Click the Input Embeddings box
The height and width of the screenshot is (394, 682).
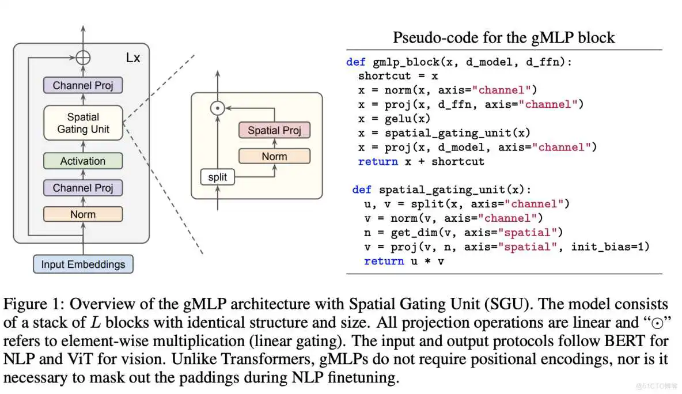point(83,265)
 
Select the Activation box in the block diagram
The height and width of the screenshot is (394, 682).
point(83,161)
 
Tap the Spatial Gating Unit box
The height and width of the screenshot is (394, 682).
point(83,123)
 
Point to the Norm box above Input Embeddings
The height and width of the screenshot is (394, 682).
point(83,214)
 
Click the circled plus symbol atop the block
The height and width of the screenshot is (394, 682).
point(84,58)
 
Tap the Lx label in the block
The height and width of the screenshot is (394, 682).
point(132,58)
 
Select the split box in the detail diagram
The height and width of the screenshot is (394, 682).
point(218,177)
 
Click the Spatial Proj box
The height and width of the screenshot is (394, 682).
point(274,130)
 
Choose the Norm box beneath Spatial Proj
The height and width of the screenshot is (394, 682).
point(274,156)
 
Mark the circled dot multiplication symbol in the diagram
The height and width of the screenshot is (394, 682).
point(217,108)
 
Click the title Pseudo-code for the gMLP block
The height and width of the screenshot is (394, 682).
point(503,38)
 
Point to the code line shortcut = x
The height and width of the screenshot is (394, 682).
point(398,76)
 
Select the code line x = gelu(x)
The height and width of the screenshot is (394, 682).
point(394,119)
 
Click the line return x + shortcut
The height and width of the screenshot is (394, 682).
point(421,161)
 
